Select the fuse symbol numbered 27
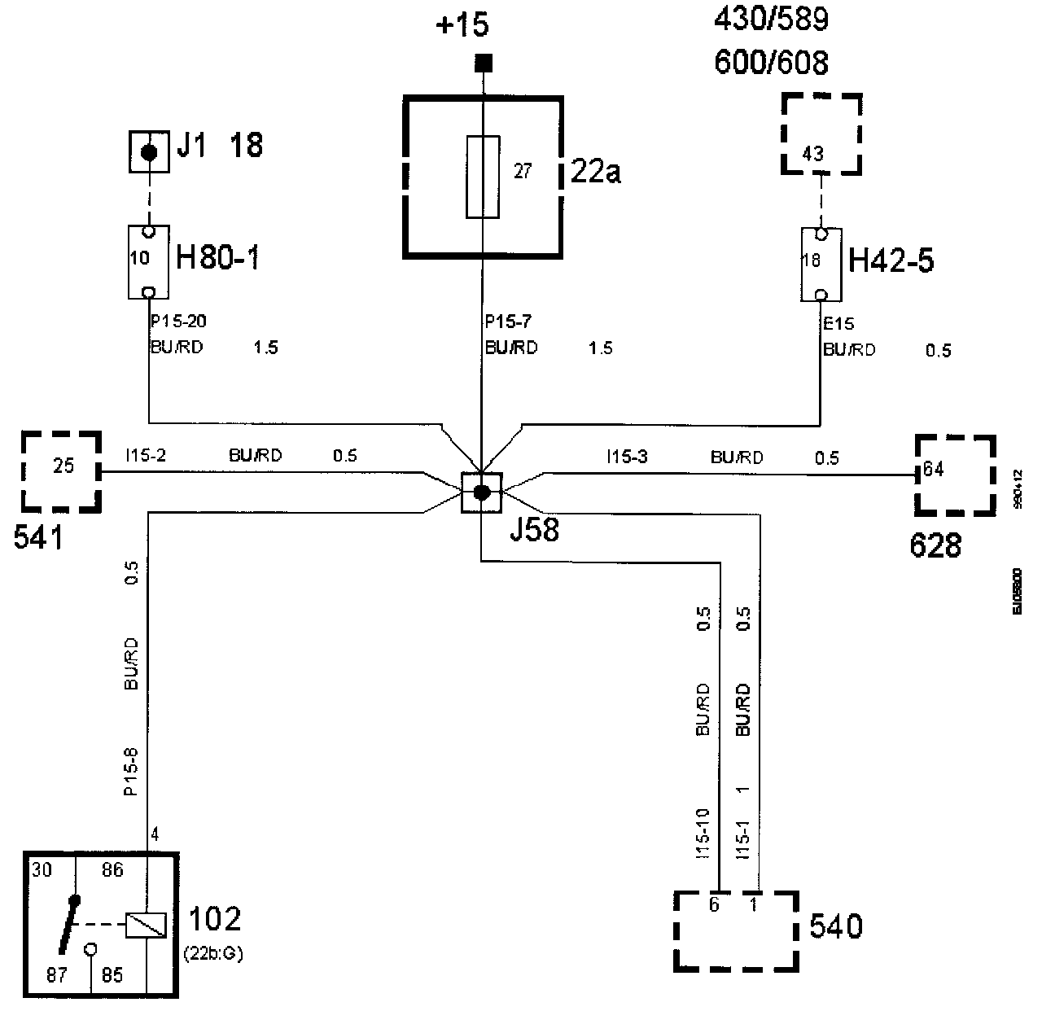(483, 177)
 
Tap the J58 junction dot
(482, 492)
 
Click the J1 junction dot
(149, 152)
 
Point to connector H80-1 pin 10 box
(148, 262)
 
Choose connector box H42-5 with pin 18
(821, 264)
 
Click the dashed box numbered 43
(821, 133)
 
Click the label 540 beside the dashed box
(836, 926)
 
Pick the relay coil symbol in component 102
(146, 925)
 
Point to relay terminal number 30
(42, 870)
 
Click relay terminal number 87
(55, 974)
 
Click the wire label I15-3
(627, 457)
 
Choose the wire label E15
(838, 325)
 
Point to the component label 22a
(596, 173)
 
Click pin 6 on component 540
(714, 904)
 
